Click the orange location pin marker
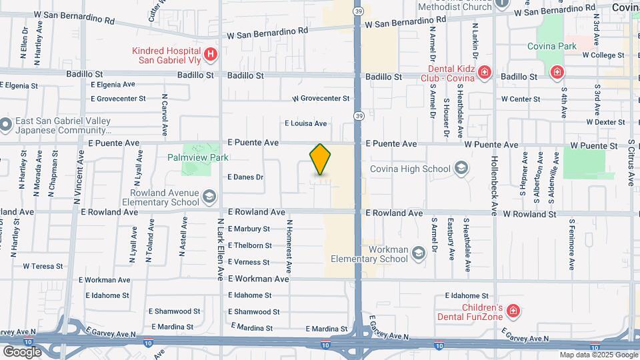321,159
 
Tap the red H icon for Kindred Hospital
210,54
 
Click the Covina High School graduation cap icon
461,168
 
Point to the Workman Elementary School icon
418,253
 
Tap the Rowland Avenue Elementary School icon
209,196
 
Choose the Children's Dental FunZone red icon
513,310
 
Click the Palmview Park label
198,157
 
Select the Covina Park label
551,46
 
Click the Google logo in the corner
22,351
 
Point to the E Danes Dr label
246,177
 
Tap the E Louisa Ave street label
306,123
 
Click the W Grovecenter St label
321,99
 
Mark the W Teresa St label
43,265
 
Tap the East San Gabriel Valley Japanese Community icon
6,124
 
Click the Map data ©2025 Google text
598,355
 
